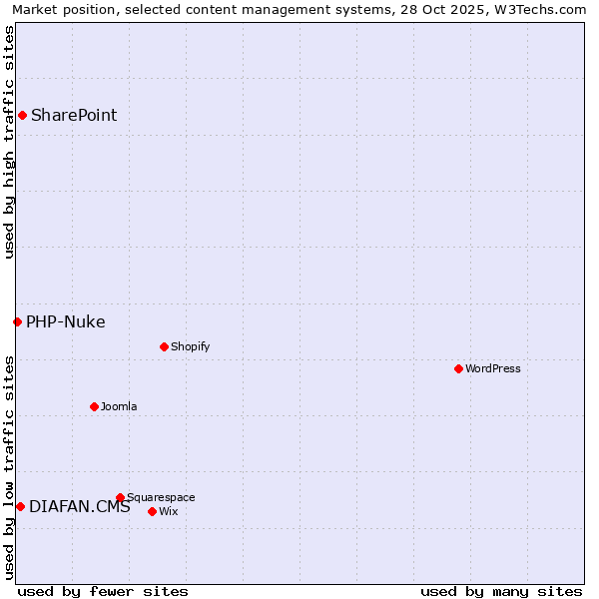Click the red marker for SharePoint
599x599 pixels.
(22, 115)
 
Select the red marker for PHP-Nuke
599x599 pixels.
(17, 321)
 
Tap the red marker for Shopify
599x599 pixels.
(164, 346)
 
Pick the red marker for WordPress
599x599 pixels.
(458, 368)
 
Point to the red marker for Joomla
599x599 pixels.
(94, 406)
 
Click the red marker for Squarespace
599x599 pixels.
(120, 497)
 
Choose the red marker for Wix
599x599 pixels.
(152, 511)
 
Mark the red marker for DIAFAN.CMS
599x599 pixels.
(20, 506)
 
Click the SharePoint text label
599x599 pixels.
(74, 115)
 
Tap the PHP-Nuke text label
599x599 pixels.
(65, 321)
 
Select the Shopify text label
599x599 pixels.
(190, 346)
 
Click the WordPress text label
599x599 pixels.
(492, 368)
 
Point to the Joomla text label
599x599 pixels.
(119, 406)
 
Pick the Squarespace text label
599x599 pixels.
(161, 497)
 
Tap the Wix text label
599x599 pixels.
(168, 511)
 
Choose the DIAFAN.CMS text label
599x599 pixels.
(80, 506)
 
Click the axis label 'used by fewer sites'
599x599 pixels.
(103, 591)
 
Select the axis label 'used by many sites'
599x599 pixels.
(501, 591)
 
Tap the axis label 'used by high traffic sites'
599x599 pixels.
(9, 142)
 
